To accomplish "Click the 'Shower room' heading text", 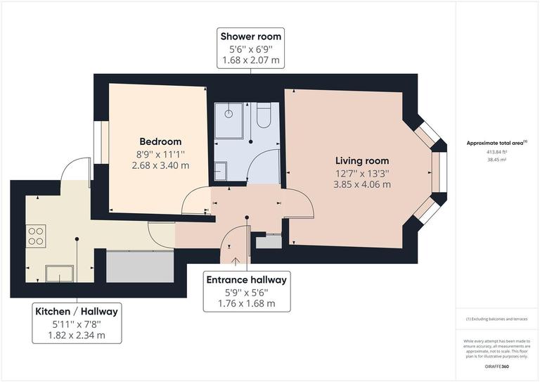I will click(x=250, y=36).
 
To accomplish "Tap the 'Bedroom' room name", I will click(x=160, y=141).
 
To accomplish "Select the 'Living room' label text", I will click(x=361, y=160).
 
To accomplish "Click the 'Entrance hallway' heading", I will click(x=246, y=280).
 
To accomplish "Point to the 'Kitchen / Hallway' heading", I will click(x=77, y=311).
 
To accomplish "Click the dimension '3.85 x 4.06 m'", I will click(x=362, y=184).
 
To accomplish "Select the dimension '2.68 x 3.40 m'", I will click(x=160, y=165).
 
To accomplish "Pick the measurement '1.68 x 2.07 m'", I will click(x=250, y=61).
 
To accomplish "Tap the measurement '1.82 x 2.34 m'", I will click(x=77, y=335).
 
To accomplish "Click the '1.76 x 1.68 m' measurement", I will click(x=246, y=304).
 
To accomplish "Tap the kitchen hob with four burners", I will click(x=35, y=236).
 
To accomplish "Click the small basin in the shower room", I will click(x=220, y=170).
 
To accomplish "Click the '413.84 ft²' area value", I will click(x=497, y=152).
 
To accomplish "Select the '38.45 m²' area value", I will click(x=497, y=160).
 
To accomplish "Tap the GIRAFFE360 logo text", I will click(x=497, y=368).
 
